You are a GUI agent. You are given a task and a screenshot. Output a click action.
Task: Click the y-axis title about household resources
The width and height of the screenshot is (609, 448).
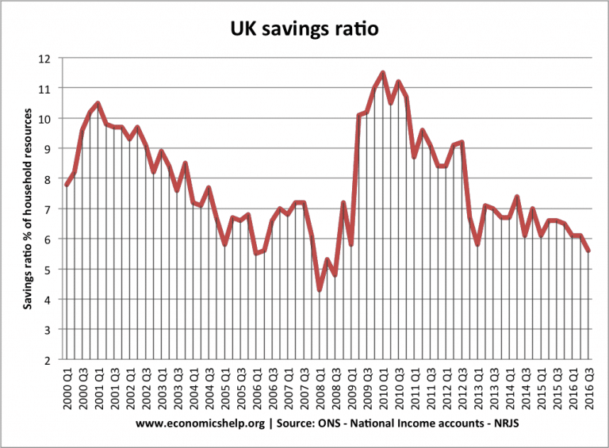tap(28, 209)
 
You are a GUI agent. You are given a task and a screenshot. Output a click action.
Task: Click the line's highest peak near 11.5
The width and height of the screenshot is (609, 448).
tap(383, 73)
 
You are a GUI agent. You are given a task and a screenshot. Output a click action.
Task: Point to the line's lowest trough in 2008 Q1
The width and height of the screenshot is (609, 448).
tap(320, 290)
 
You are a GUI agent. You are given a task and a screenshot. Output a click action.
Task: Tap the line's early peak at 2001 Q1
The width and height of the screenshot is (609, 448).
tap(98, 103)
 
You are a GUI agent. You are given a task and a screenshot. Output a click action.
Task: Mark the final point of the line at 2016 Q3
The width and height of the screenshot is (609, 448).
tap(588, 251)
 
